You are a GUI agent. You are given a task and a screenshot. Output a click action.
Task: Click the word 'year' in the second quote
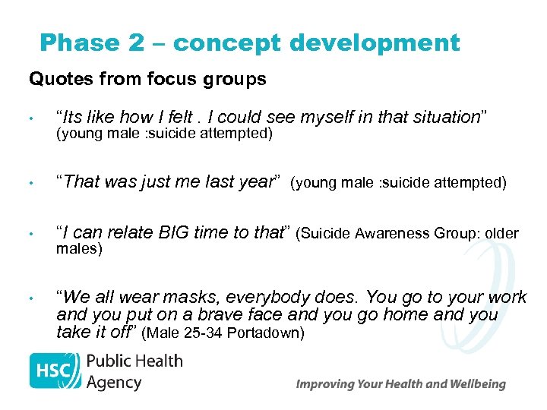259,182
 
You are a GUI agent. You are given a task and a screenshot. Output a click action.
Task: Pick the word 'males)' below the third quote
79,249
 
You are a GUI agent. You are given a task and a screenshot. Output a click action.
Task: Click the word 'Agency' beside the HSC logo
114,382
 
